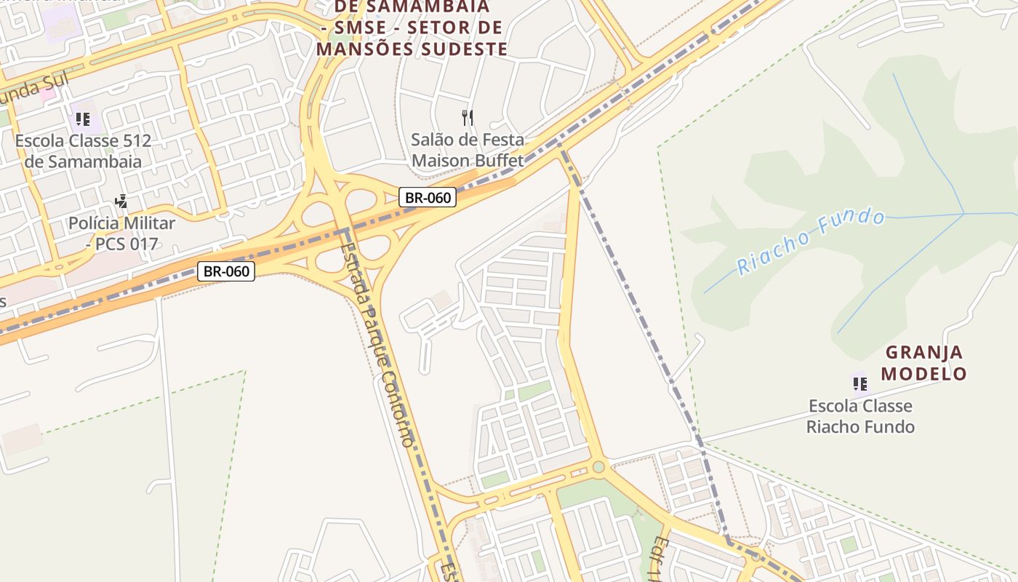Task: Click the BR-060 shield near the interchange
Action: [427, 197]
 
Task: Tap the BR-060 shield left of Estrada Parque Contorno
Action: [226, 271]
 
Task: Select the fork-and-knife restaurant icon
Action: [468, 117]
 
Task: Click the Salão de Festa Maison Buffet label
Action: [468, 150]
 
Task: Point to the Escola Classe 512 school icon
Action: [82, 119]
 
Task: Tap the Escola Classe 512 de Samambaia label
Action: [83, 151]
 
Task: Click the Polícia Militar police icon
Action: [121, 202]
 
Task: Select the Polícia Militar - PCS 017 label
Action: [122, 233]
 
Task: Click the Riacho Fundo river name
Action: [811, 242]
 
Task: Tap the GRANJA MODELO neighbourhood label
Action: [924, 363]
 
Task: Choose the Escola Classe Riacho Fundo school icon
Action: [860, 383]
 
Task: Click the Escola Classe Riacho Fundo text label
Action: [860, 416]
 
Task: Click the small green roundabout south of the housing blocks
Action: [598, 467]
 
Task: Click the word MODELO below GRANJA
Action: [924, 374]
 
